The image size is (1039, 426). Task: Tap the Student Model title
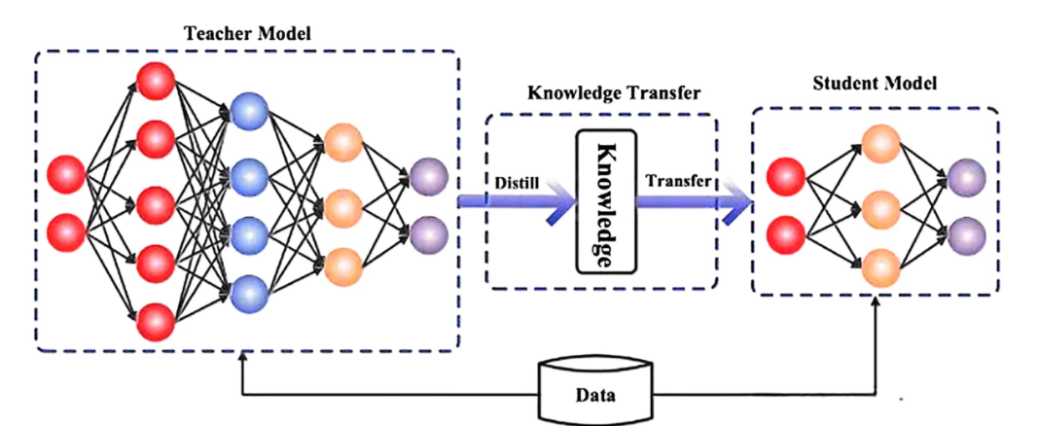(x=875, y=84)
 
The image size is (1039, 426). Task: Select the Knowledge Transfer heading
(x=600, y=93)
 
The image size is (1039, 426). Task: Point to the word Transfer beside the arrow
(x=680, y=181)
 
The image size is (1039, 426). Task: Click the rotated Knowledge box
(x=603, y=201)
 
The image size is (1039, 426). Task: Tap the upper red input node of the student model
(x=784, y=177)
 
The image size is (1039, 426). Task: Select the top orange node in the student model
(x=879, y=143)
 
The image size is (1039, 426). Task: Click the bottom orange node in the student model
(x=879, y=265)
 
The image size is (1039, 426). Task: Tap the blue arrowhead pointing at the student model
(x=738, y=205)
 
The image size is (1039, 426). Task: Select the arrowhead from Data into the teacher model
(x=242, y=359)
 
